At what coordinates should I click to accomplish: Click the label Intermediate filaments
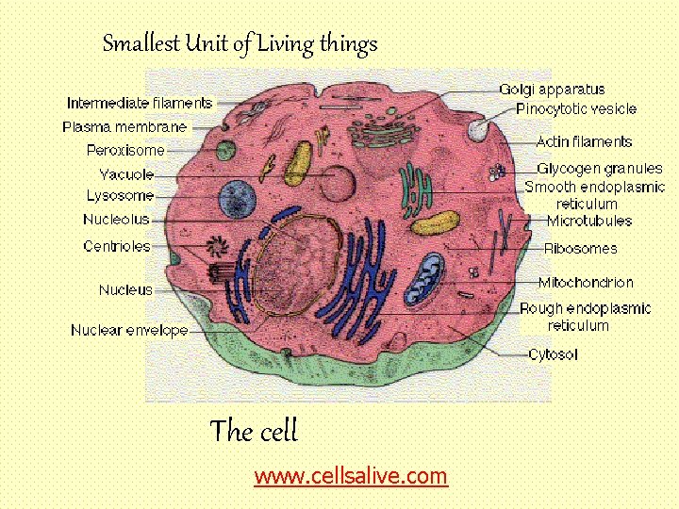tap(140, 103)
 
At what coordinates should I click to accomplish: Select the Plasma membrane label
tap(124, 126)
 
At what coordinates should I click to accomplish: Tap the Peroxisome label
tap(125, 150)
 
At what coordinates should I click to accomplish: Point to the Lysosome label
tap(120, 196)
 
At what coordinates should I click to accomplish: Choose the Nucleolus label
tap(116, 220)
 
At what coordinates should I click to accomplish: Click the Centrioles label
tap(117, 246)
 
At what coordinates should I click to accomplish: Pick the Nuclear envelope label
tap(129, 330)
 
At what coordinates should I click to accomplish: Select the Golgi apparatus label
tap(552, 90)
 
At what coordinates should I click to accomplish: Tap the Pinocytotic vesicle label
tap(576, 109)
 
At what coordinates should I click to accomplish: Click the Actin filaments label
tap(584, 141)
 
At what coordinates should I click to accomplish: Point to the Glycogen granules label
tap(593, 168)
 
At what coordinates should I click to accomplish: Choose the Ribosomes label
tap(581, 249)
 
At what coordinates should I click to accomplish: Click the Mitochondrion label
tap(586, 282)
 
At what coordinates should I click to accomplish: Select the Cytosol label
tap(553, 354)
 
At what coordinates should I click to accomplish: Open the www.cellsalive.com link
tap(351, 476)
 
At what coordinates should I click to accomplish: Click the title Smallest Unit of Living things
tap(240, 43)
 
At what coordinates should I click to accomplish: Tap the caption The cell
tap(253, 432)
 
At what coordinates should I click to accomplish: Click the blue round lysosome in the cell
tap(238, 200)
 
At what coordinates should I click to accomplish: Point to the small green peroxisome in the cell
tap(225, 151)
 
